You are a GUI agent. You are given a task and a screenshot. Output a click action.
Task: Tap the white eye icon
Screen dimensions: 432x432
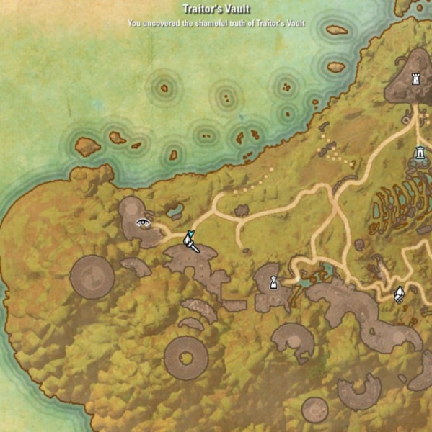[x=143, y=222]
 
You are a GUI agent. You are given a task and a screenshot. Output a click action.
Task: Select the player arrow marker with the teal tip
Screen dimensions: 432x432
[x=192, y=241]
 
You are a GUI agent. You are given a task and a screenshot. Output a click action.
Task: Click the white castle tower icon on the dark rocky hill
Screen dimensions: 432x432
[x=415, y=79]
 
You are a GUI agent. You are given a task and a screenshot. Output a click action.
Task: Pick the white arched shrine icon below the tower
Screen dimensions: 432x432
[x=420, y=153]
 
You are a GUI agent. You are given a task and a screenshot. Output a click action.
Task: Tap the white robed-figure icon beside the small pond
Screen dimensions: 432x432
[x=274, y=282]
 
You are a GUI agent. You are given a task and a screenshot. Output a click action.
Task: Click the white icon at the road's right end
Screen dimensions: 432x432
[x=399, y=294]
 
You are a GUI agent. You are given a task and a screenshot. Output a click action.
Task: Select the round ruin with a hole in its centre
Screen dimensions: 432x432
[x=185, y=358]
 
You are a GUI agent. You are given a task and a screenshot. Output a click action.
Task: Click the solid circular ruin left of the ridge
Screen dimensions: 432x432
[x=92, y=276]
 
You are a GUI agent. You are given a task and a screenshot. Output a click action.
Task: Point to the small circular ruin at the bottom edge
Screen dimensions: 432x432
[x=314, y=410]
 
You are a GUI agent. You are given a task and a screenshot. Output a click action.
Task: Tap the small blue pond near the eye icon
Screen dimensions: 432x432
[x=175, y=212]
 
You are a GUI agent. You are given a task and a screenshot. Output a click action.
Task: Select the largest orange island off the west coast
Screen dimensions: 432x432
[x=87, y=147]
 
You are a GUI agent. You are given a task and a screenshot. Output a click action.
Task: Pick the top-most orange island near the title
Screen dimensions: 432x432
[x=336, y=30]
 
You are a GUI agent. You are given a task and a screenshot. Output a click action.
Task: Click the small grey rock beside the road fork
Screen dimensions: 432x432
[x=242, y=211]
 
